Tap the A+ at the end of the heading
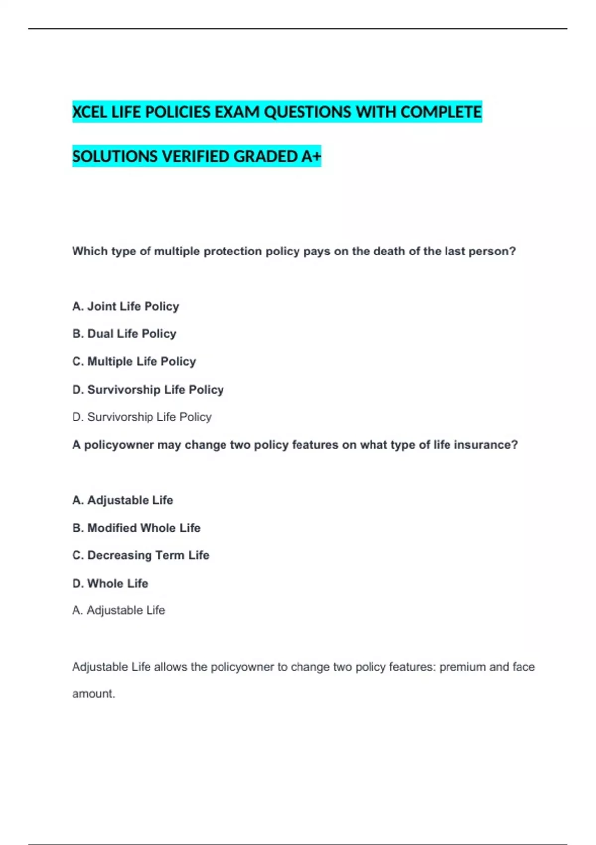[x=311, y=157]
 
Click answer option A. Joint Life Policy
[x=126, y=306]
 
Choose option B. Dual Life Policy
[x=124, y=334]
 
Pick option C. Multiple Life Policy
[x=134, y=361]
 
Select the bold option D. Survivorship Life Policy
[x=148, y=390]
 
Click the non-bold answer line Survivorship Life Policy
[x=142, y=417]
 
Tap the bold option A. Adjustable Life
[x=123, y=500]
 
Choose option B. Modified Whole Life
[x=136, y=528]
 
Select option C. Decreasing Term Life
[x=141, y=555]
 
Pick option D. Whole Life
[x=110, y=583]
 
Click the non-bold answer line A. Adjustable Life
[x=119, y=610]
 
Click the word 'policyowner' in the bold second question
[x=119, y=445]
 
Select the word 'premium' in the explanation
[x=462, y=667]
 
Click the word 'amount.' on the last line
[x=93, y=694]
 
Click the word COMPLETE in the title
[x=441, y=112]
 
